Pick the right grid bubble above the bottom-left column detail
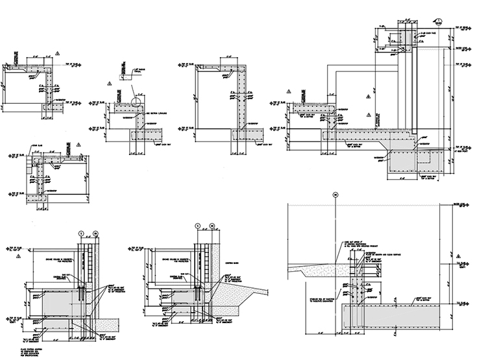[x=95, y=232]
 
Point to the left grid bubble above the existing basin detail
[x=197, y=228]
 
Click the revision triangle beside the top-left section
[x=58, y=52]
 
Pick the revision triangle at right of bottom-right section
[x=466, y=307]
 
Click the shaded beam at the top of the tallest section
[x=409, y=38]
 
